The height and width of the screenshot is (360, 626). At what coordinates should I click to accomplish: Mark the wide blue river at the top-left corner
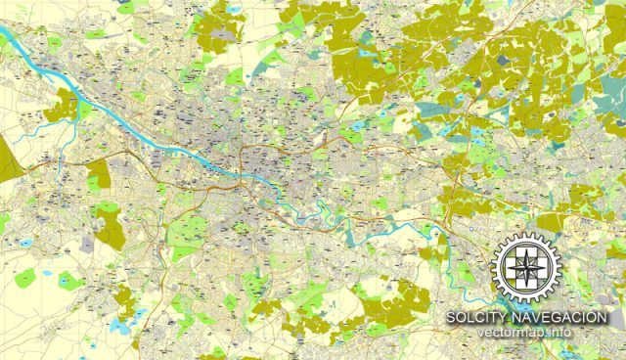20,44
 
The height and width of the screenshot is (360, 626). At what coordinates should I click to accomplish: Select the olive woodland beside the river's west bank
65,105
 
